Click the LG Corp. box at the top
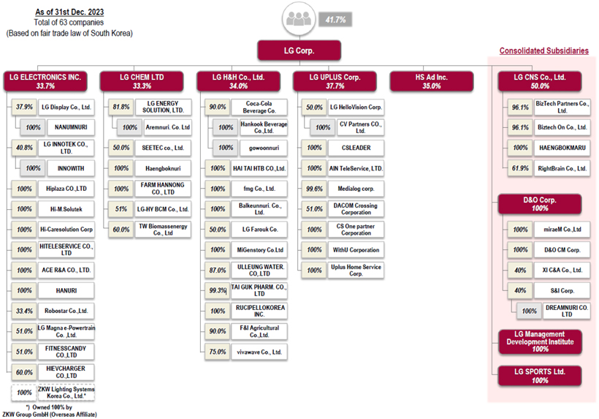[299, 50]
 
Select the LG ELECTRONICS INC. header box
[45, 80]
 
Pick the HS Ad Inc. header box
[431, 80]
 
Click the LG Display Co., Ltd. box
[65, 107]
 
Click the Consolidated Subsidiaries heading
[543, 51]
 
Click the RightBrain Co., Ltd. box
[560, 169]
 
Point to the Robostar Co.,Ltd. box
[65, 311]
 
